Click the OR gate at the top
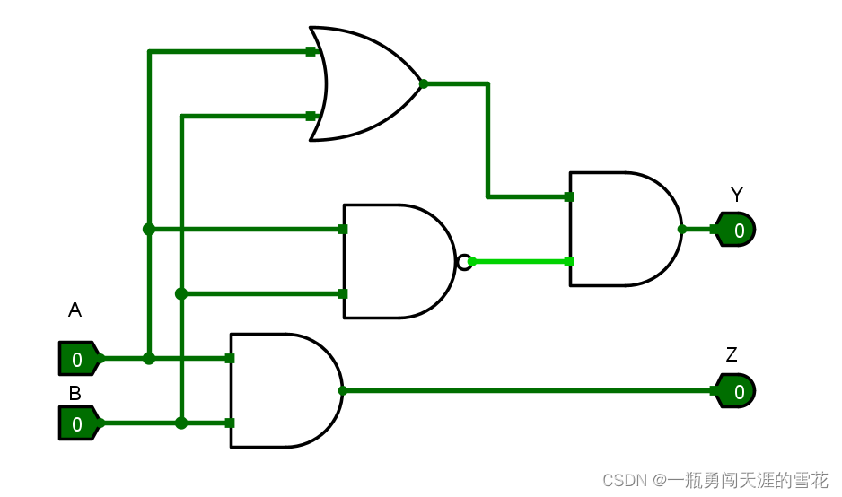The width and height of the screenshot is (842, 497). click(364, 83)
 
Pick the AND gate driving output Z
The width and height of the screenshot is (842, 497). click(284, 390)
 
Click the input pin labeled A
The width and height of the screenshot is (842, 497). click(79, 359)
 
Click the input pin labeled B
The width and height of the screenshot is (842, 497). click(79, 423)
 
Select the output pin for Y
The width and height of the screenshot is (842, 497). click(736, 230)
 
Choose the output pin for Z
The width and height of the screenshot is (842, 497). click(736, 391)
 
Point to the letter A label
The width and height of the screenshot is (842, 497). click(75, 310)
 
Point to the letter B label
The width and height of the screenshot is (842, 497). click(75, 393)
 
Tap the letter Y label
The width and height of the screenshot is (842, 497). click(736, 195)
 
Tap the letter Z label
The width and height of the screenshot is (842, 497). click(732, 355)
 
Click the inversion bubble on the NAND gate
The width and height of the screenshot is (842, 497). click(463, 262)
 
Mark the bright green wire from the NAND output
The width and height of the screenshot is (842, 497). click(519, 261)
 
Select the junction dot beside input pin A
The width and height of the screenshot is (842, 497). click(149, 358)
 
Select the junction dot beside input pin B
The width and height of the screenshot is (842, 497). click(181, 423)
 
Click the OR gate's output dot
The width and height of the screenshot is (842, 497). click(424, 83)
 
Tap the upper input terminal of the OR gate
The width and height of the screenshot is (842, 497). click(311, 51)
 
